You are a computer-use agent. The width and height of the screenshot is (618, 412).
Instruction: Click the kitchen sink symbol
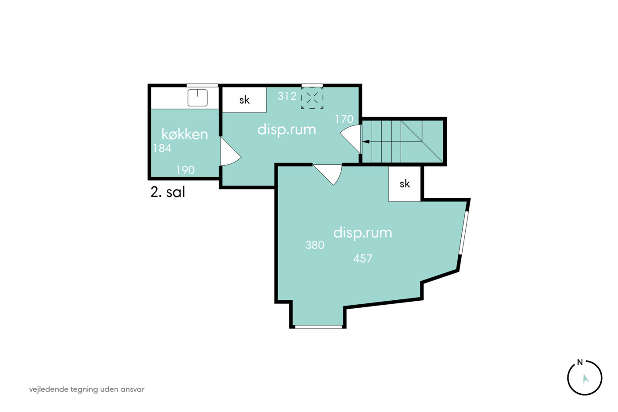click(198, 98)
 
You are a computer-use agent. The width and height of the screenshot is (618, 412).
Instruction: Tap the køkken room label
click(185, 134)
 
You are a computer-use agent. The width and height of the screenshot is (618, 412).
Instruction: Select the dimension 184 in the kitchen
click(162, 148)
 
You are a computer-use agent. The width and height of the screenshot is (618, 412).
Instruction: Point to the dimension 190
click(185, 170)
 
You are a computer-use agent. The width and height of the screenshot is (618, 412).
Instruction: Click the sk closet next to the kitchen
click(244, 100)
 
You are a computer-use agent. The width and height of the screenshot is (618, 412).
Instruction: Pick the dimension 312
click(287, 96)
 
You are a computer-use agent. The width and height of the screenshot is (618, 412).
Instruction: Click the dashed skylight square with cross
click(312, 98)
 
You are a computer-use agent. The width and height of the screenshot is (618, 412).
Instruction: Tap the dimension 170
click(344, 119)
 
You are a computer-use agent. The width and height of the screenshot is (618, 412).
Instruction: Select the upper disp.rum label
click(286, 129)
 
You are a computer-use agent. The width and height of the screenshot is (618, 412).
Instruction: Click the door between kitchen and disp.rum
click(230, 152)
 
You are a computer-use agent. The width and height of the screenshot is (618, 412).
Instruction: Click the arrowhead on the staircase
click(366, 142)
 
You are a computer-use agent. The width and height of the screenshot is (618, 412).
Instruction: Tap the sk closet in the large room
click(405, 184)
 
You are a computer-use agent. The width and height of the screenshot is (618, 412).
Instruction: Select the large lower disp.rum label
click(363, 233)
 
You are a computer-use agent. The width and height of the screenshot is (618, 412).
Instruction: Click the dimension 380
click(315, 245)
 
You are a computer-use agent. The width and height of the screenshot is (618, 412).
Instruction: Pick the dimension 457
click(363, 259)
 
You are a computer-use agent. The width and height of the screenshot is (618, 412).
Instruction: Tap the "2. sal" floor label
click(168, 192)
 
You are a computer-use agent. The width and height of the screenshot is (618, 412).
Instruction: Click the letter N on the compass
click(580, 363)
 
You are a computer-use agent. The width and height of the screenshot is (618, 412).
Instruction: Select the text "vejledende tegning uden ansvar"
click(87, 389)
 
